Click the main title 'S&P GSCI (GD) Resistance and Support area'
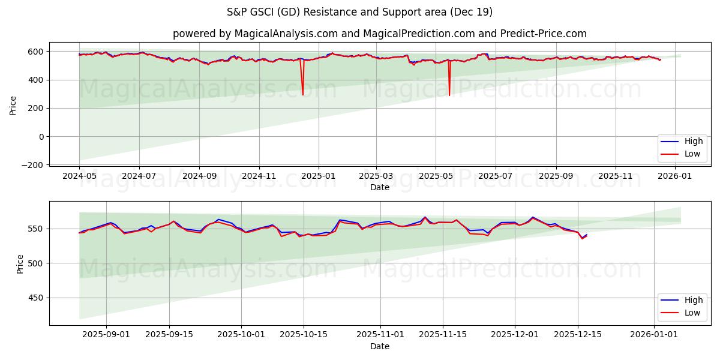pyautogui.click(x=359, y=12)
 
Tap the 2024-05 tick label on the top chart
pyautogui.click(x=79, y=176)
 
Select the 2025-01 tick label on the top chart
pyautogui.click(x=318, y=176)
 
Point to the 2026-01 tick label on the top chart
pyautogui.click(x=675, y=176)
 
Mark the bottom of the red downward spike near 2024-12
pyautogui.click(x=302, y=95)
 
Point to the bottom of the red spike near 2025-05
pyautogui.click(x=449, y=95)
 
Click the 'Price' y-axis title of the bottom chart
pyautogui.click(x=20, y=264)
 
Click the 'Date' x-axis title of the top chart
pyautogui.click(x=379, y=187)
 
